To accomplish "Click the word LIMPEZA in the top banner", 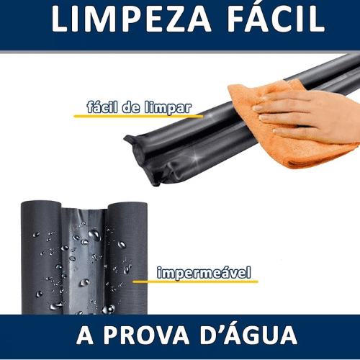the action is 131,19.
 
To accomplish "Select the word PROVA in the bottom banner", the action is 146,335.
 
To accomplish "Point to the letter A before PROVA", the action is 85,335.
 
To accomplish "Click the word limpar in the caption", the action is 168,108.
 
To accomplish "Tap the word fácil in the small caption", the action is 102,107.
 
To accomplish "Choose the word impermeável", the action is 204,273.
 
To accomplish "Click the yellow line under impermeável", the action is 195,282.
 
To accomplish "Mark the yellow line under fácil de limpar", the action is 138,116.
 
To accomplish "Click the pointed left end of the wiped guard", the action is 125,138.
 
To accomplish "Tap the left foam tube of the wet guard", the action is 41,258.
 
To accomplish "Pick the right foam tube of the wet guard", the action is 127,258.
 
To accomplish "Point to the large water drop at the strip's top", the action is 94,235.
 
